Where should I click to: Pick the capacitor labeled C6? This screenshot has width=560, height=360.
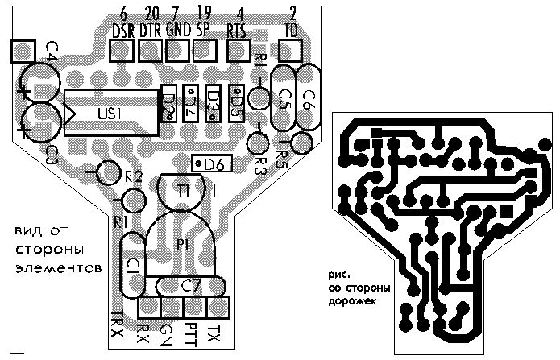point(307,98)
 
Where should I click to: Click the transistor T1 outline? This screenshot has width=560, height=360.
point(185,192)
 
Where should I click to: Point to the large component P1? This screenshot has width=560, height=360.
point(182,246)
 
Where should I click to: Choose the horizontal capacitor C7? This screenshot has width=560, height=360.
point(191,285)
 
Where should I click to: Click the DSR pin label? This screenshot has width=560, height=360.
point(123,31)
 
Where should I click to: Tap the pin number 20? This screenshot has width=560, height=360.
point(151,14)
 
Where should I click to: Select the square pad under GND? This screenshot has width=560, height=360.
point(176,51)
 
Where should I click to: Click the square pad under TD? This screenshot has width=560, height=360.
point(291,51)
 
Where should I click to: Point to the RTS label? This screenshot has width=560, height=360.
point(238,31)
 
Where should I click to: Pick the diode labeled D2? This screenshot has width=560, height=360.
point(169,103)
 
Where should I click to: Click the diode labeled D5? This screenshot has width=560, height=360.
point(236,103)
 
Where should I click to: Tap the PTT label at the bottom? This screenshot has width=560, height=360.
point(191,331)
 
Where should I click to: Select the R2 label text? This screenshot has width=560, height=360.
point(134,176)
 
